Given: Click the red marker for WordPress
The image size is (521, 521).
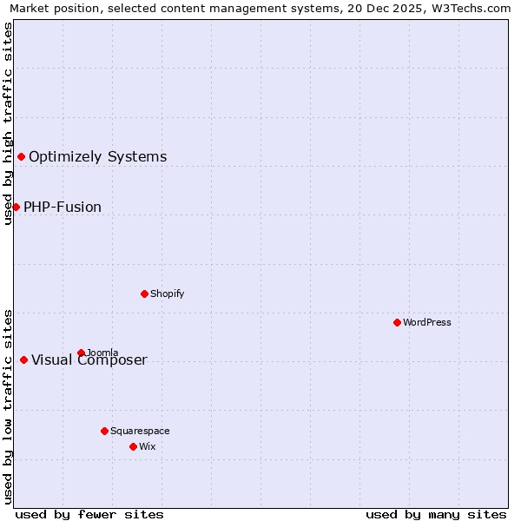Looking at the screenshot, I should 397,322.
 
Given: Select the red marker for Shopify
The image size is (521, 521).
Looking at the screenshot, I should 144,293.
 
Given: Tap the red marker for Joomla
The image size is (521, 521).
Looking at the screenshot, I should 81,353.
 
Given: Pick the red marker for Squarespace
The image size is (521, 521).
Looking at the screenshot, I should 104,431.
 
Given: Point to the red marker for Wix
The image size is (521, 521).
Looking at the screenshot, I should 133,446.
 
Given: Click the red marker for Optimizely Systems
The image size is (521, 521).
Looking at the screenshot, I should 21,156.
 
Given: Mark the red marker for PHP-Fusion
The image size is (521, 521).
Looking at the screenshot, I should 16,207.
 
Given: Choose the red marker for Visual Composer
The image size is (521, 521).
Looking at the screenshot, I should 23,359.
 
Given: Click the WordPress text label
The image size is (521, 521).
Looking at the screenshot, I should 427,322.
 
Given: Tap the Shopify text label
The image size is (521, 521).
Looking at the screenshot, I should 168,293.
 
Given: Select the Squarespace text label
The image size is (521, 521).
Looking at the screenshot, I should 140,431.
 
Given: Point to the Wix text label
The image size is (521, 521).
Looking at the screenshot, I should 147,446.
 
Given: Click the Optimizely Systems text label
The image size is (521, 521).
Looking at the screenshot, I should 98,157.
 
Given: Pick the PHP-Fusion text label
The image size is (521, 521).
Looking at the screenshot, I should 63,208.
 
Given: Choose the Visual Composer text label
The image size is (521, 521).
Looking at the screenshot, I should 89,360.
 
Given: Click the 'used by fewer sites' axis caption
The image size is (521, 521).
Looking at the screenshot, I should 89,514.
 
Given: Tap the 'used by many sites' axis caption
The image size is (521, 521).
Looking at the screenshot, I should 436,514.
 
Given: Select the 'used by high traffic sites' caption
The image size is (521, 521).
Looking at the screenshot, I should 8,123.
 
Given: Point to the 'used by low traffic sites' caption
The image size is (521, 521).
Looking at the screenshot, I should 8,406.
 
